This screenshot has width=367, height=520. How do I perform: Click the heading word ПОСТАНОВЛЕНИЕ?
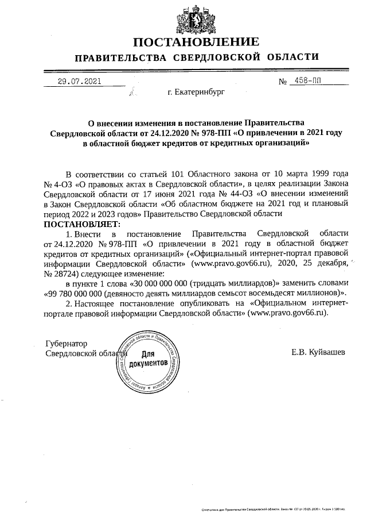point(196,43)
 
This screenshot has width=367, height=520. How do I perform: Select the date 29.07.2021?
point(79,81)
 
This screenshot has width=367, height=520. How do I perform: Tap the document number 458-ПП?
point(306,81)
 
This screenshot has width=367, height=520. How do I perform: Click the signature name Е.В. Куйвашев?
point(318,352)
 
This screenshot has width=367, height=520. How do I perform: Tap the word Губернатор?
point(67,343)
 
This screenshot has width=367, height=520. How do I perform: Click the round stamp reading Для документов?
point(148,360)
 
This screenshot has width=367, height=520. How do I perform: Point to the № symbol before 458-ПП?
point(283,82)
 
